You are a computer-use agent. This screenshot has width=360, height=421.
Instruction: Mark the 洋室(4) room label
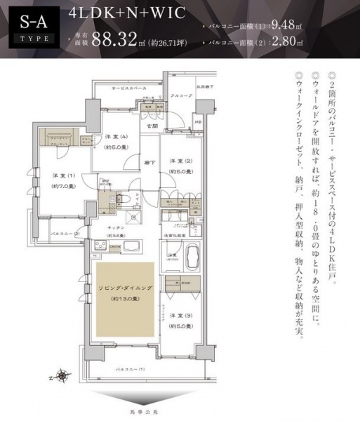116,141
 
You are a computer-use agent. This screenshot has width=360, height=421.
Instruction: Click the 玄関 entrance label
152,125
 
